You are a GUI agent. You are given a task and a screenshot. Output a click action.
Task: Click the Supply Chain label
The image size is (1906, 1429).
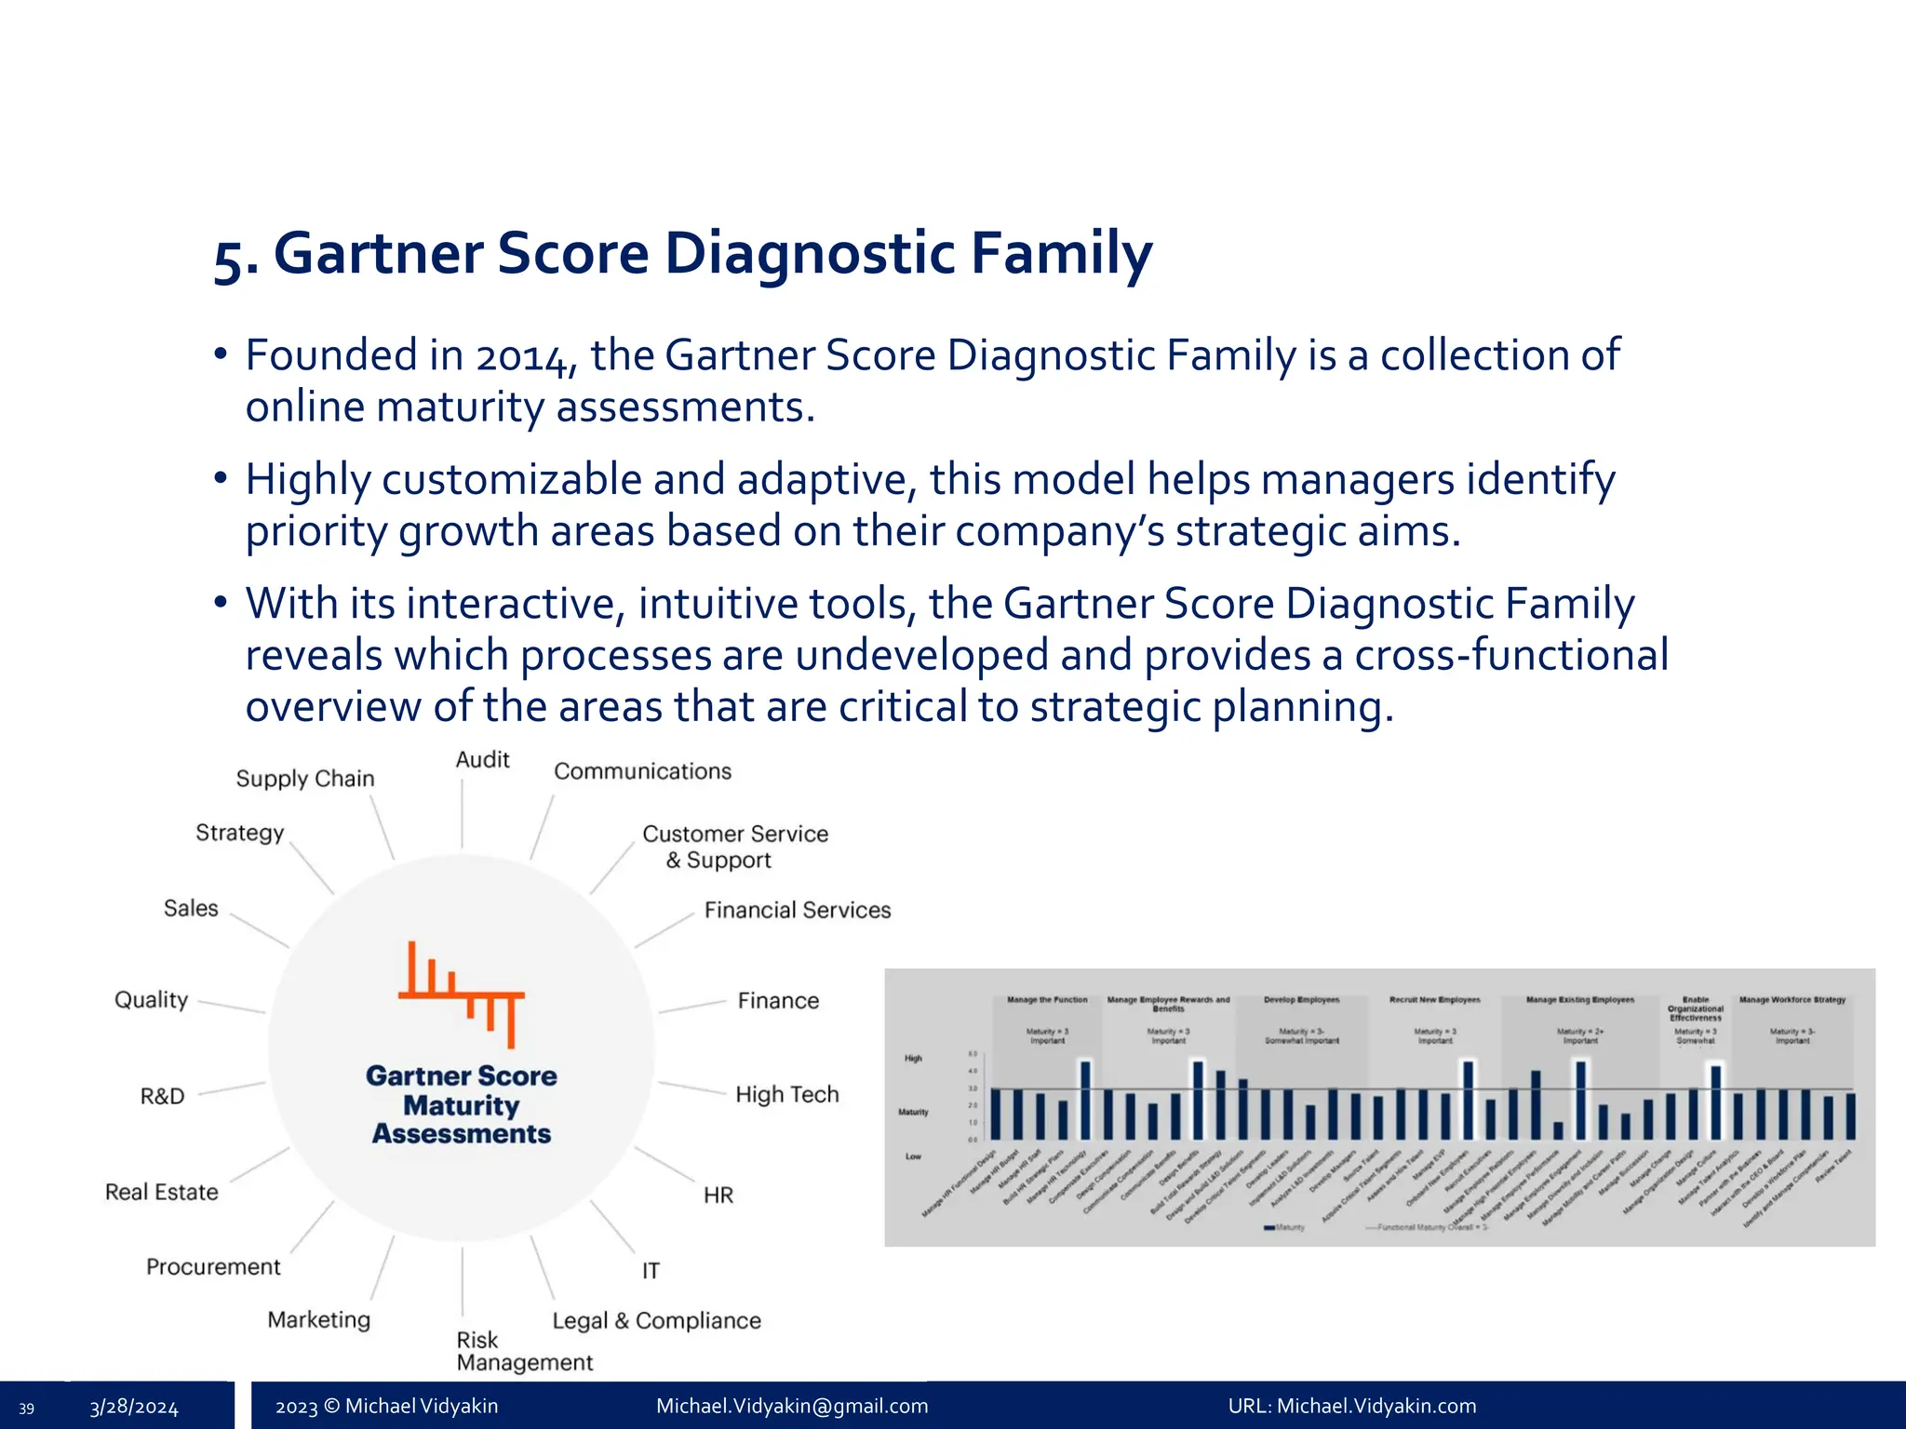305,779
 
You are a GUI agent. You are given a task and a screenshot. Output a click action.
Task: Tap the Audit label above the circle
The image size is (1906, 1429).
482,760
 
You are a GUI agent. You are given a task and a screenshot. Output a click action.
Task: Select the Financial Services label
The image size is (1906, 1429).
797,910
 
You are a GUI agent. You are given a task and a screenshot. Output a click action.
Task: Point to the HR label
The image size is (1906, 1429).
718,1195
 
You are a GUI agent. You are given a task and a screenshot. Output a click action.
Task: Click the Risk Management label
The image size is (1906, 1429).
524,1351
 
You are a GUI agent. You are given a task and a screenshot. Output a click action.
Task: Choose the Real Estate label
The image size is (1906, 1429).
162,1193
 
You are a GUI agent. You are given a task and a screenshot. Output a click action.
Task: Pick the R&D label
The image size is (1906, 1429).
163,1097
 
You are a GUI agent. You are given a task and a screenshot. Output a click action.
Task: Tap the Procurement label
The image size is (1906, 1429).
213,1267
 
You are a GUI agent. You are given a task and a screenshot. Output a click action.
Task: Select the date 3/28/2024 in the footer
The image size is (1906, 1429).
134,1408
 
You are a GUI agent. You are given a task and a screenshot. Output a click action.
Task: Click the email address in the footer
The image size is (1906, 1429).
792,1407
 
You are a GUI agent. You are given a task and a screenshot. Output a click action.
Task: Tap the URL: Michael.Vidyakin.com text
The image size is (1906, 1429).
1352,1407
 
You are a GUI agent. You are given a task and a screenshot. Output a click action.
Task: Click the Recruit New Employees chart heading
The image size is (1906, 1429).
1434,1000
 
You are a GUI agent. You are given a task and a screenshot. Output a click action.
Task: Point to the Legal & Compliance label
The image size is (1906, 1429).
656,1321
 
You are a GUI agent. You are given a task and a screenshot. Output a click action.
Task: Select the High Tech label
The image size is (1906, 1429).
787,1095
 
